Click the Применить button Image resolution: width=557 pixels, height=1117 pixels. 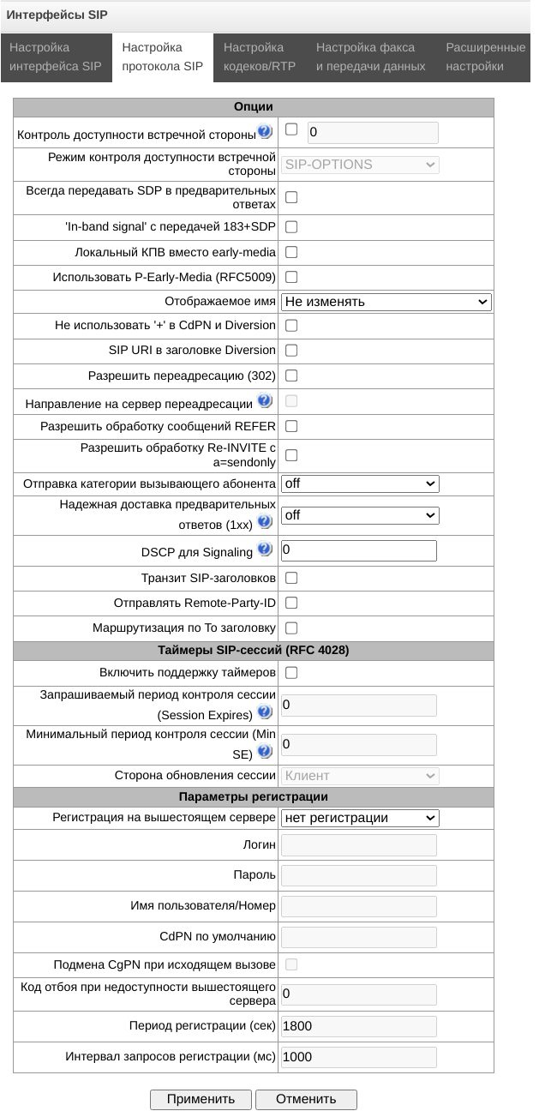pyautogui.click(x=201, y=1099)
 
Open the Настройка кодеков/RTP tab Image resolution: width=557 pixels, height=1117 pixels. pyautogui.click(x=260, y=57)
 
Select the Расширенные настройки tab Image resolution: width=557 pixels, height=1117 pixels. pyautogui.click(x=485, y=57)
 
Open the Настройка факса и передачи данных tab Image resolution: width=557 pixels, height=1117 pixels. pyautogui.click(x=370, y=57)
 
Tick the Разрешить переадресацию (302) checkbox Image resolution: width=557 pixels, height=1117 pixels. pyautogui.click(x=291, y=375)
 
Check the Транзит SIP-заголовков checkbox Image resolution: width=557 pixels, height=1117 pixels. pyautogui.click(x=291, y=579)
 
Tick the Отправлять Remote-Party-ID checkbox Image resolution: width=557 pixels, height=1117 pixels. pyautogui.click(x=291, y=604)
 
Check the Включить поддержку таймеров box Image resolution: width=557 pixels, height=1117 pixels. pyautogui.click(x=291, y=673)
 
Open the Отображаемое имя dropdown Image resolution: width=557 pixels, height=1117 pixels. pyautogui.click(x=386, y=302)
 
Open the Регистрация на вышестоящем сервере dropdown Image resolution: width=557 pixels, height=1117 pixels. pyautogui.click(x=360, y=818)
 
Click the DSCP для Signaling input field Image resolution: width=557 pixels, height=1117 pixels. pyautogui.click(x=358, y=550)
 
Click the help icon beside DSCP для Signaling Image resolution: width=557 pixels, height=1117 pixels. pyautogui.click(x=264, y=549)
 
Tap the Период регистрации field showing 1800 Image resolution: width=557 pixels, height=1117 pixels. pyautogui.click(x=358, y=1026)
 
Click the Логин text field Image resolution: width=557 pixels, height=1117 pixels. pyautogui.click(x=358, y=845)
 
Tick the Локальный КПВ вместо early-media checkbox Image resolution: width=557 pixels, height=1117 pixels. pyautogui.click(x=291, y=253)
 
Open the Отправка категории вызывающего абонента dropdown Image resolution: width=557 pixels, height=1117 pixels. pyautogui.click(x=360, y=483)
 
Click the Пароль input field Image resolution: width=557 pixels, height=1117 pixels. pyautogui.click(x=358, y=875)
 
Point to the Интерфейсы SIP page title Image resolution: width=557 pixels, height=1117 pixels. pyautogui.click(x=57, y=15)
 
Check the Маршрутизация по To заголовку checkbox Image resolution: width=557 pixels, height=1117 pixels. pyautogui.click(x=291, y=628)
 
